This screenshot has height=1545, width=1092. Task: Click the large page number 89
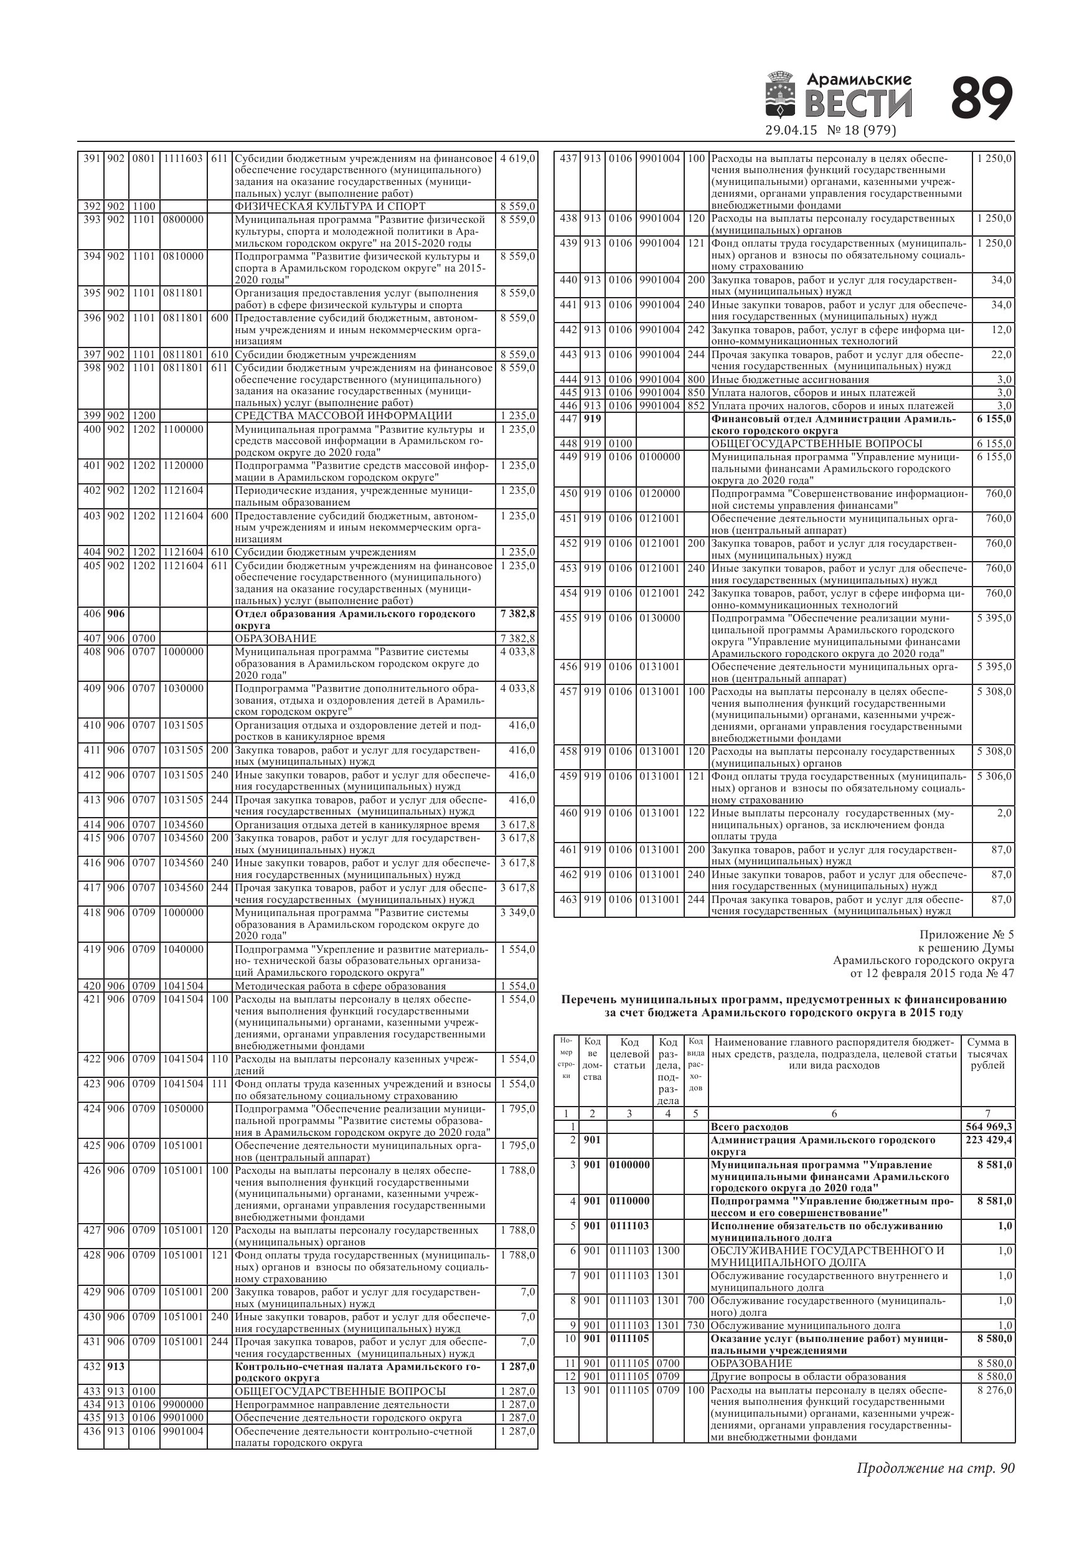pyautogui.click(x=982, y=99)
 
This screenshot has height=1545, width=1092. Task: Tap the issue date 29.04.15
pyautogui.click(x=791, y=131)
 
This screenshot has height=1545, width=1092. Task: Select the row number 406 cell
pyautogui.click(x=91, y=613)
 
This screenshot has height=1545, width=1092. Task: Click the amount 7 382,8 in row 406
pyautogui.click(x=517, y=613)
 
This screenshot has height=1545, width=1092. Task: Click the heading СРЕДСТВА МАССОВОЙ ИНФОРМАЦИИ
pyautogui.click(x=343, y=416)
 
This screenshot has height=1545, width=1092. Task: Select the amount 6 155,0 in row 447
pyautogui.click(x=994, y=419)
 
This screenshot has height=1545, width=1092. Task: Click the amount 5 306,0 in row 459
pyautogui.click(x=994, y=776)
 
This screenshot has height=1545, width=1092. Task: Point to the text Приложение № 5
pyautogui.click(x=966, y=935)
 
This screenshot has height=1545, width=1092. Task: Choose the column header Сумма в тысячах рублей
pyautogui.click(x=987, y=1054)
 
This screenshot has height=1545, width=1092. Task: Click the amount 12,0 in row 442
pyautogui.click(x=1001, y=329)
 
